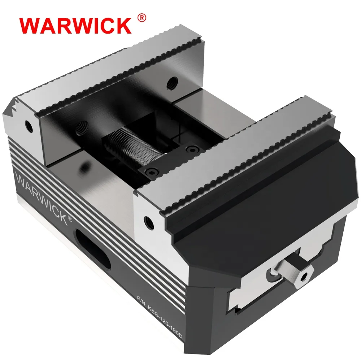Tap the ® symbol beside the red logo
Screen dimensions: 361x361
coord(142,18)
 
